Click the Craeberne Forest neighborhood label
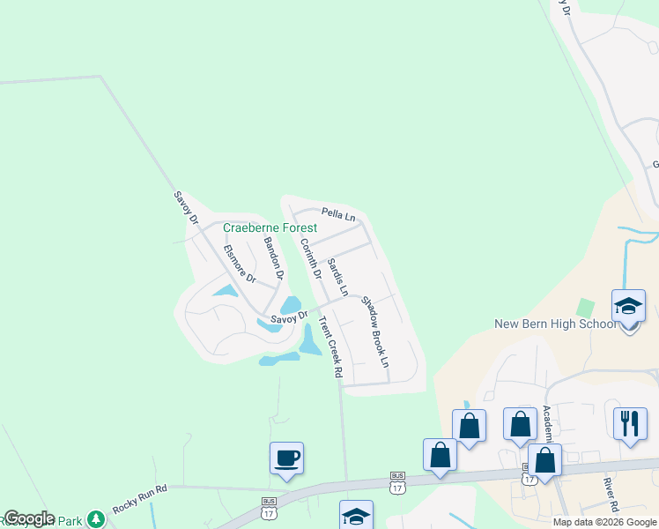click(x=270, y=227)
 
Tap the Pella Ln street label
click(x=338, y=213)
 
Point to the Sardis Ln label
click(x=337, y=277)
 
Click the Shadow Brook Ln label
click(x=374, y=332)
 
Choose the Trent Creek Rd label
click(x=329, y=346)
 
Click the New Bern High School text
click(x=556, y=324)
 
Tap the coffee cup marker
click(x=286, y=458)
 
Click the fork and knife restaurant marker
click(x=630, y=424)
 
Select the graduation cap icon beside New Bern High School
click(x=630, y=306)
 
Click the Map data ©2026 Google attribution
click(x=604, y=522)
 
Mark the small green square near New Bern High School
click(x=585, y=308)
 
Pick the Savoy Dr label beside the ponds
click(x=288, y=317)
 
